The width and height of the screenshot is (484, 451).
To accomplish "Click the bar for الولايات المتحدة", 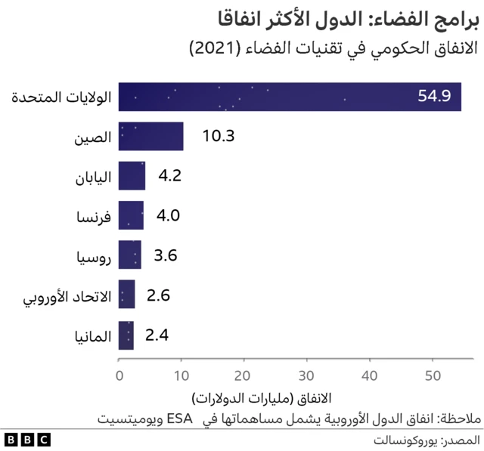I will click(x=290, y=97).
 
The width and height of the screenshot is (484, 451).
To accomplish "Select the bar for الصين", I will click(x=151, y=137).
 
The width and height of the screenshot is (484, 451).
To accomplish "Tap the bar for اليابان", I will click(x=132, y=177).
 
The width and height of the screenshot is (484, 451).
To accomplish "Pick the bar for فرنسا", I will click(x=132, y=215).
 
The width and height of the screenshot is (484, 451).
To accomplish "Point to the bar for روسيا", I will click(x=130, y=255).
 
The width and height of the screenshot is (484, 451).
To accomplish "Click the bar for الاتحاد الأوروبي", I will click(x=127, y=295).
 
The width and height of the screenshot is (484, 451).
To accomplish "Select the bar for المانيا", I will click(x=126, y=334).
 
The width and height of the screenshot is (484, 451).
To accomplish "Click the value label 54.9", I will click(x=434, y=97).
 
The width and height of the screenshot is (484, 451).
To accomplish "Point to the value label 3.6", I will click(x=165, y=255).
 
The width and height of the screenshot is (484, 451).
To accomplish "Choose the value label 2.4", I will click(x=157, y=334).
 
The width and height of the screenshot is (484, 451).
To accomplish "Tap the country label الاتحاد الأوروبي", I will click(x=68, y=295).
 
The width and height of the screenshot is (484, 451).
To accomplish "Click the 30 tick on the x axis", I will click(x=306, y=375).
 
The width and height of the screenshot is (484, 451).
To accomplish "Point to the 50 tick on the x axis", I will click(x=432, y=375).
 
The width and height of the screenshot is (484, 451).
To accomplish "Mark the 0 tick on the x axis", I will click(x=119, y=375).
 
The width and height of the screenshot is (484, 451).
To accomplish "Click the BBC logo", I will click(x=27, y=439).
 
